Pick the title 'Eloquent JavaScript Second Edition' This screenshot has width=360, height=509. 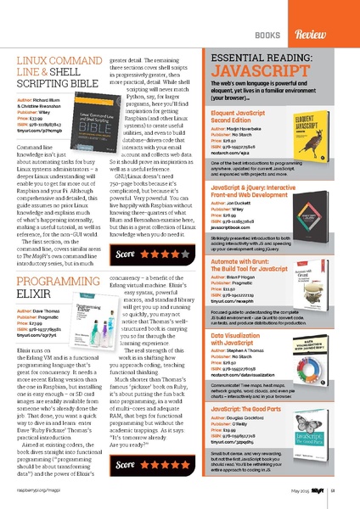tap(237, 92)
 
